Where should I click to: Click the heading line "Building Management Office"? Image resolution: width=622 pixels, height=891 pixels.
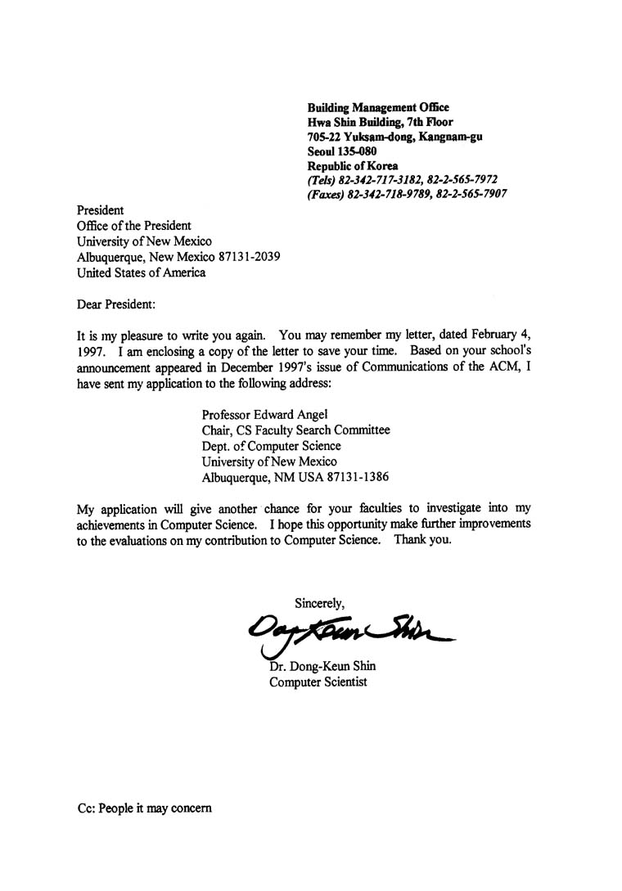point(377,107)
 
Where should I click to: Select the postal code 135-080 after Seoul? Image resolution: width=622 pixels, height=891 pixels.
point(358,151)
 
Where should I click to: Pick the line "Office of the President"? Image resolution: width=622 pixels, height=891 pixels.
point(133,226)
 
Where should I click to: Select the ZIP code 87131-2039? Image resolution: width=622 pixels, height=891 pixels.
point(246,257)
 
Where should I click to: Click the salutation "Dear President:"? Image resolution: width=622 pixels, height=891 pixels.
point(115,304)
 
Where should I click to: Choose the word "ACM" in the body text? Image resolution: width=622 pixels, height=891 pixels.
point(505,367)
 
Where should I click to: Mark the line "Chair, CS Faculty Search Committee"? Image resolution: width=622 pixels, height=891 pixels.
point(295,430)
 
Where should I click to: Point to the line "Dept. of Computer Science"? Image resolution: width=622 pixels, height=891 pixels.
point(271,446)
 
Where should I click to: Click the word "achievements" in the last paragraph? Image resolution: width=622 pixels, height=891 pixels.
point(110,524)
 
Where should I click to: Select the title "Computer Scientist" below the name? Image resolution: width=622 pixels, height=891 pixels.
point(318,682)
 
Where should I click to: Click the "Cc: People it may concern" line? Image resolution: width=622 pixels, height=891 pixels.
point(144,808)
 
